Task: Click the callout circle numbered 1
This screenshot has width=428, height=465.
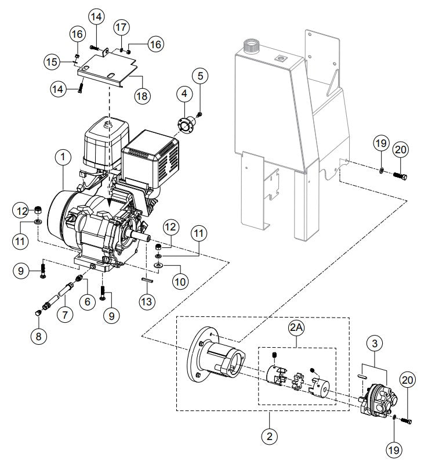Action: coord(63,157)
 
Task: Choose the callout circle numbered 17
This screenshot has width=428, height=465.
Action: coord(121,27)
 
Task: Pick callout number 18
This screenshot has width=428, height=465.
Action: coord(140,96)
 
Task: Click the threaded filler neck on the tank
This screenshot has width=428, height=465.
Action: coord(252,45)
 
